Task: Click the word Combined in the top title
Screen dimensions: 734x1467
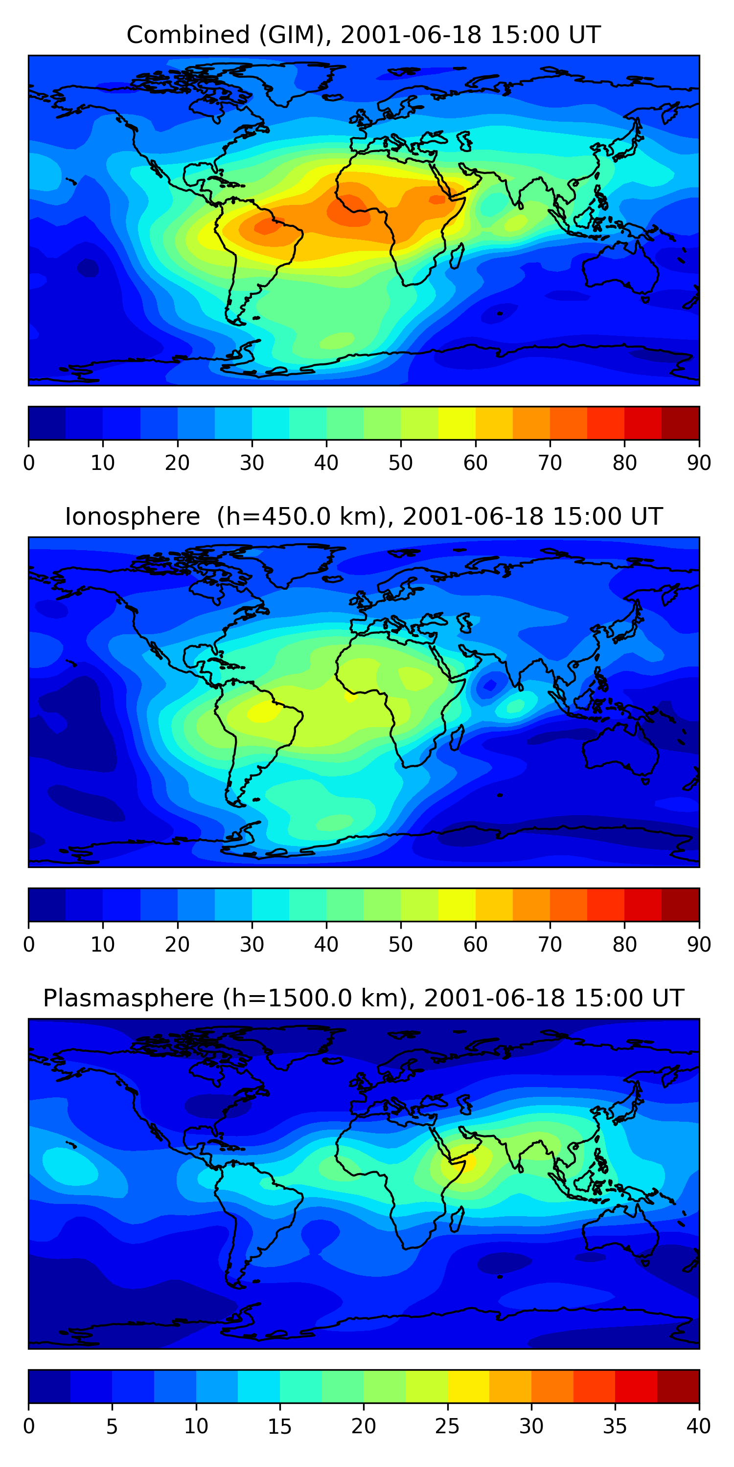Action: (x=188, y=35)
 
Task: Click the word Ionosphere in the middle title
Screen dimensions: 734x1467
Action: (x=132, y=516)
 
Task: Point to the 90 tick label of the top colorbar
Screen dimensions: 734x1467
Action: (x=699, y=463)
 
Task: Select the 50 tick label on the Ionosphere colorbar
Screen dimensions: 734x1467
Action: (x=401, y=944)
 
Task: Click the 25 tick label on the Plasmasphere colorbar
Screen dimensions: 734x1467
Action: (x=447, y=1426)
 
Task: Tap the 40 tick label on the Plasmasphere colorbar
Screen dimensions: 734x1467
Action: (x=699, y=1426)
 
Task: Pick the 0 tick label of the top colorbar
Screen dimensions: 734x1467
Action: (x=28, y=463)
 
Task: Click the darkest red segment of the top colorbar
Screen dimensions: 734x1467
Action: (x=681, y=423)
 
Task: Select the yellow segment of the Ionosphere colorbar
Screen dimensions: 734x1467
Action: (x=457, y=904)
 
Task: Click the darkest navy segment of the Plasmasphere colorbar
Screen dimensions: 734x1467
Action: (x=49, y=1386)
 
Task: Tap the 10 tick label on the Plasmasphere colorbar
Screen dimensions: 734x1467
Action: (x=196, y=1426)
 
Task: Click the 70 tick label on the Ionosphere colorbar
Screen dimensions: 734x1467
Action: (x=550, y=944)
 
